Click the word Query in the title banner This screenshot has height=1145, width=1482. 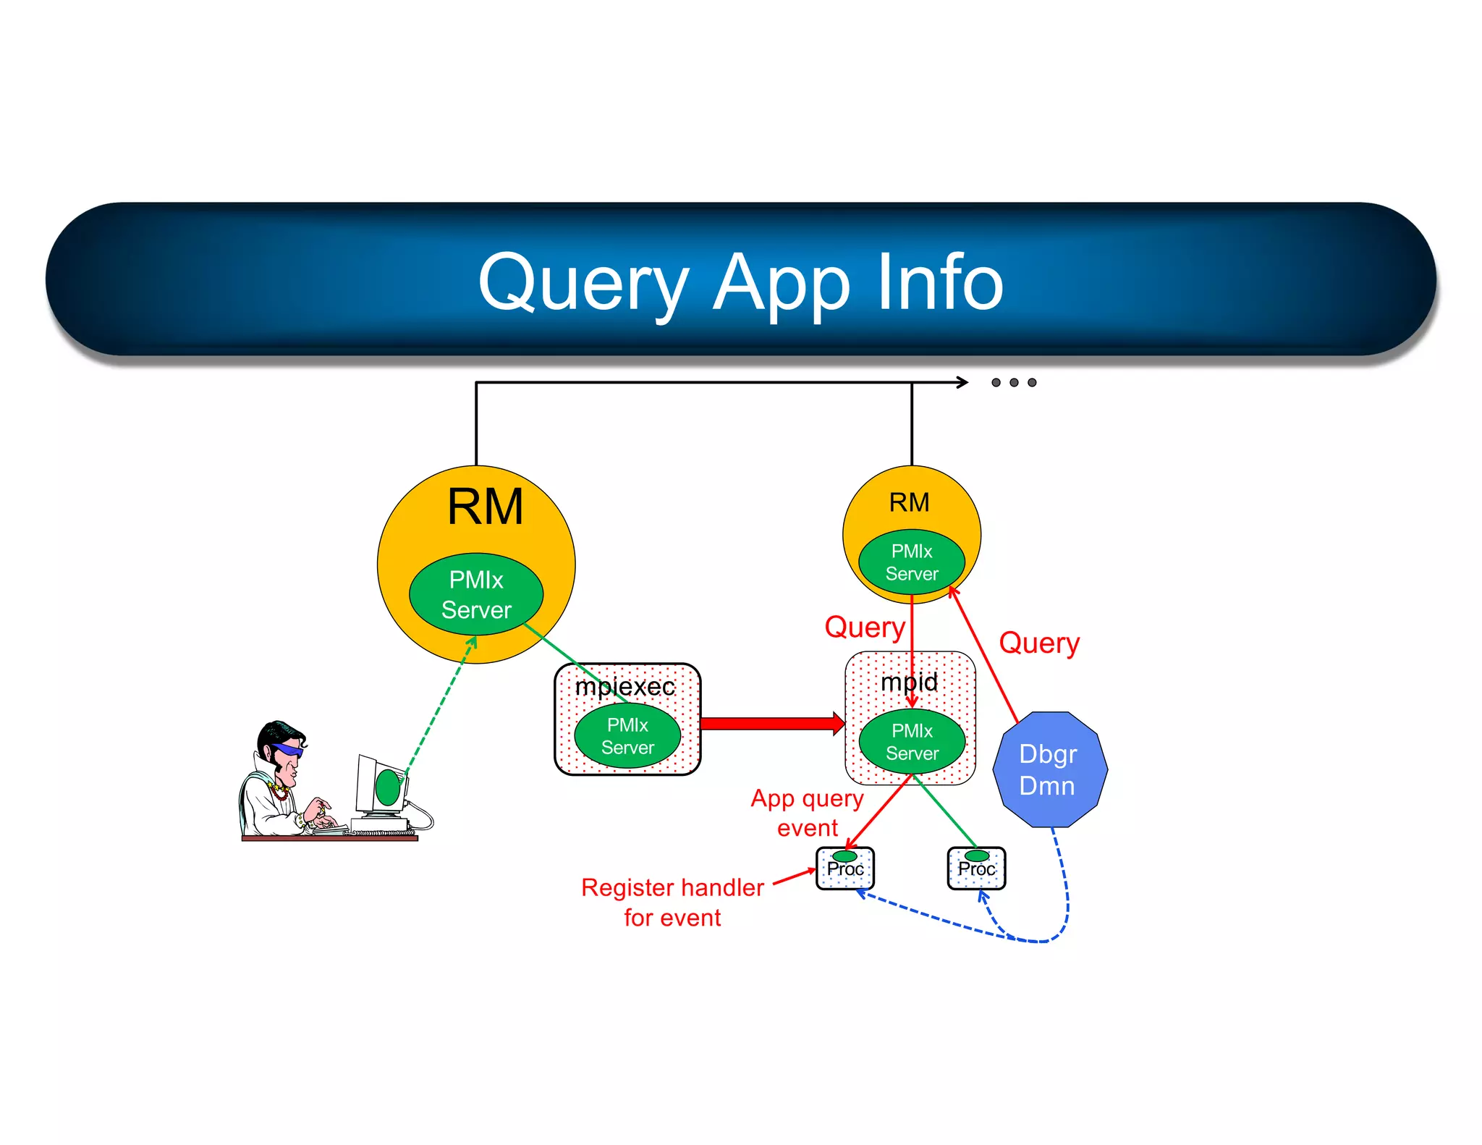coord(583,284)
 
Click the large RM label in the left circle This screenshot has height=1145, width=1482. coord(485,507)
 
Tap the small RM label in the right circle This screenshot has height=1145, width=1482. coord(909,502)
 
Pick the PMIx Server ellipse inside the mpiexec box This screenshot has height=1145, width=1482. coord(627,736)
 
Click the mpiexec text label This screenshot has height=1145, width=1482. coord(624,686)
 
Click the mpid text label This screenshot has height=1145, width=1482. coord(909,682)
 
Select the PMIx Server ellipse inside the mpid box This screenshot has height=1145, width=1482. coord(912,742)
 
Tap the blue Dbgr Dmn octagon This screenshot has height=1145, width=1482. coord(1049,769)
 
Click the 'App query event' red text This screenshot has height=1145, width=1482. coord(807,813)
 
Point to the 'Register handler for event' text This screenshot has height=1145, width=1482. coord(672,902)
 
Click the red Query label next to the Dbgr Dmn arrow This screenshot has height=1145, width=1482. coord(1039,643)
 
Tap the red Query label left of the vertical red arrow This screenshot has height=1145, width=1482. coord(865,627)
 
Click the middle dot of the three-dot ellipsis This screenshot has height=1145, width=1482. coord(1014,382)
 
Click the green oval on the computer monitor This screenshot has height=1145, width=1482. coord(388,787)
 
